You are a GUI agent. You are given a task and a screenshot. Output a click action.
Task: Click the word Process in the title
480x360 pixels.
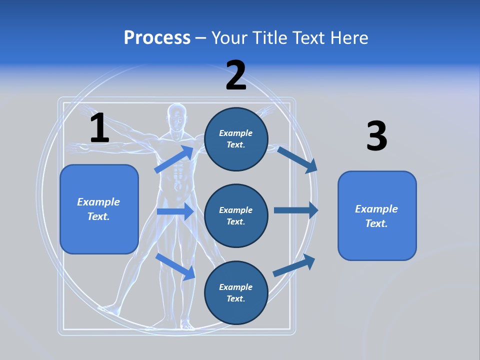(x=157, y=37)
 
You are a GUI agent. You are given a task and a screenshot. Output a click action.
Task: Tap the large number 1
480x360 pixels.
(x=99, y=128)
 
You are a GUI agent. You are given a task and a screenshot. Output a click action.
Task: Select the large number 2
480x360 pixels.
(x=236, y=75)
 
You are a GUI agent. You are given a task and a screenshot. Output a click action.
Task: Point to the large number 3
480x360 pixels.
(x=376, y=136)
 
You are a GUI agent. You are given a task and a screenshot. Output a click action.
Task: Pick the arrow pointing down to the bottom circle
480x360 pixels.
(x=175, y=266)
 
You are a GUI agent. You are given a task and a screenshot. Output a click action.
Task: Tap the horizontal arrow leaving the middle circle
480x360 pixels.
(x=295, y=210)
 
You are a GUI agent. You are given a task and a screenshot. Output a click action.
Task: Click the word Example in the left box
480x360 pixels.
(x=98, y=202)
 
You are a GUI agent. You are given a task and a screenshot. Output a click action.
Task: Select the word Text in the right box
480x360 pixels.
(x=375, y=223)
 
